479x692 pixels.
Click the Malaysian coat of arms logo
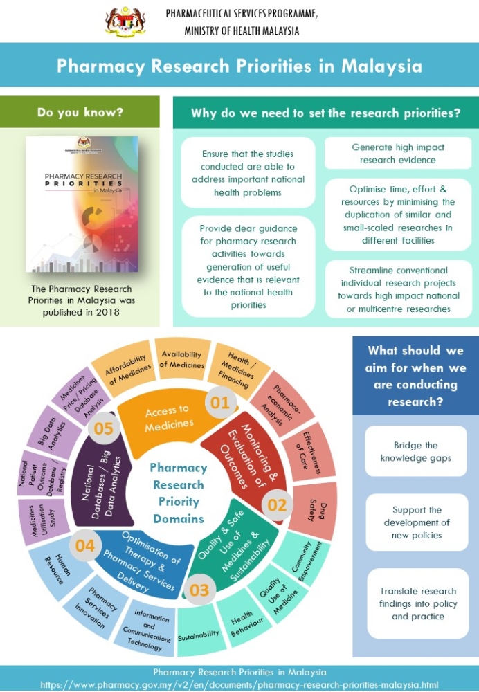click(126, 21)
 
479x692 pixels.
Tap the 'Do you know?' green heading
click(80, 112)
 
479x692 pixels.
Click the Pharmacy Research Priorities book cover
click(82, 204)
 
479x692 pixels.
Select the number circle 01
click(220, 403)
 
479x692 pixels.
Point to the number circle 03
click(199, 590)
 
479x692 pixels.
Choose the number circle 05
click(103, 428)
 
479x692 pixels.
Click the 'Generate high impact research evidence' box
click(397, 154)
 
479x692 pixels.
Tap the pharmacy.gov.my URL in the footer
click(239, 684)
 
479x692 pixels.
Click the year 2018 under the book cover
click(107, 312)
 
